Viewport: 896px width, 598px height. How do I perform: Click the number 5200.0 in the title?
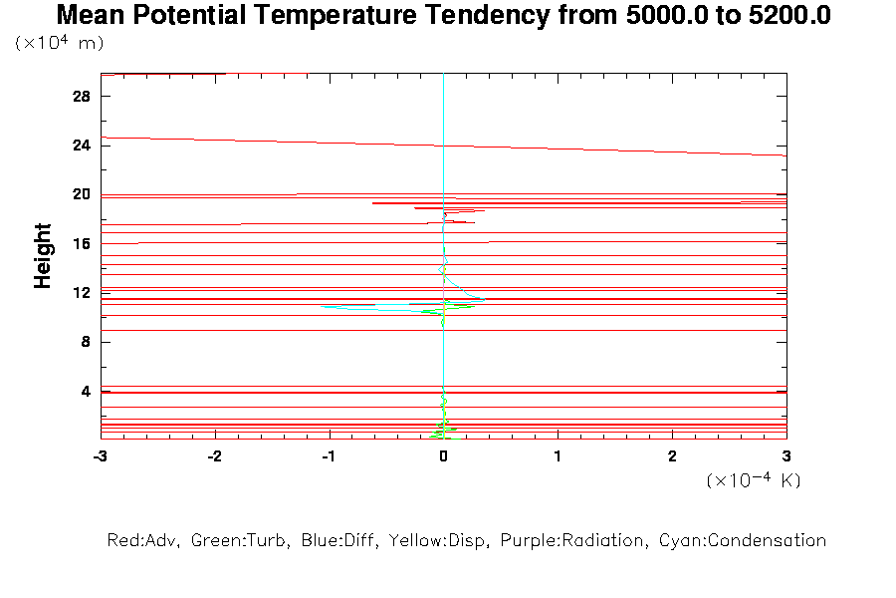point(780,16)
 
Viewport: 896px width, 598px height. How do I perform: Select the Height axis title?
point(43,256)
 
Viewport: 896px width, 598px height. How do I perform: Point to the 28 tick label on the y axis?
point(82,97)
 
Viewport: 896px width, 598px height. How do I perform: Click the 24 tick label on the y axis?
point(82,146)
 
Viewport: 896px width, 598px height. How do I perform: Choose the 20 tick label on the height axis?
point(82,194)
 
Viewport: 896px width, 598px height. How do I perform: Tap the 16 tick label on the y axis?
point(82,244)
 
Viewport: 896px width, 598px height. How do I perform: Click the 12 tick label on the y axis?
point(82,293)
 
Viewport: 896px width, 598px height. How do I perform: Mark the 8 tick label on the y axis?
point(86,342)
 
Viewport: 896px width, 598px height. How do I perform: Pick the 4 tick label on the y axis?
point(86,391)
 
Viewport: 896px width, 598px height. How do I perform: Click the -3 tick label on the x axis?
point(100,455)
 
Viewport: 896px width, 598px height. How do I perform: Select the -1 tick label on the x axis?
point(328,455)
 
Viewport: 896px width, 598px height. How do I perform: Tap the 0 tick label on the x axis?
point(443,455)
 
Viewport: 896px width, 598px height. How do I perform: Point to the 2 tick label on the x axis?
point(672,455)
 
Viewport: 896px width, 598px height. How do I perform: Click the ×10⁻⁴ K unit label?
point(754,480)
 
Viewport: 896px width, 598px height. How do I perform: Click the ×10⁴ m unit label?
point(60,44)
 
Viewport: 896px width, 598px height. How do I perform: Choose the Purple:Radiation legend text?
point(574,541)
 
